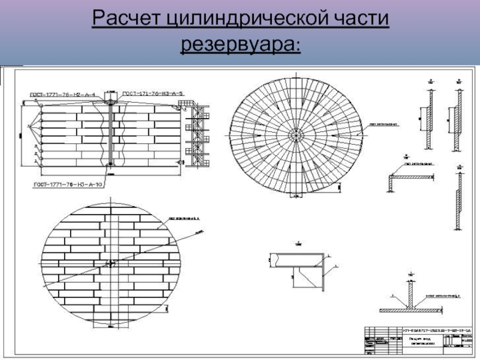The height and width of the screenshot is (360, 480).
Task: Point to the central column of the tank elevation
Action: click(x=112, y=132)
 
